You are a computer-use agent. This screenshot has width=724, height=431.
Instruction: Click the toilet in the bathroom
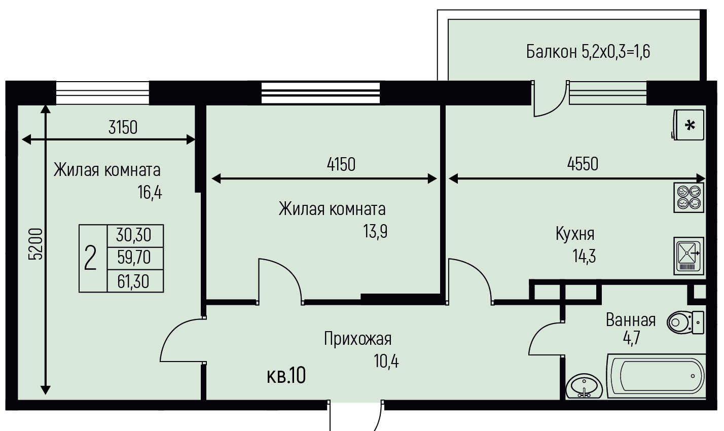685,322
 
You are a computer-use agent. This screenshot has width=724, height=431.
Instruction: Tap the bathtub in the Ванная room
656,376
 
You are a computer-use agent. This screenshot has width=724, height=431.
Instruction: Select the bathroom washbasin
584,386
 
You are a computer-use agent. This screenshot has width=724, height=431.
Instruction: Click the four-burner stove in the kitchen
689,198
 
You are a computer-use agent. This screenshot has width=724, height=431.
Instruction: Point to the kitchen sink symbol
689,256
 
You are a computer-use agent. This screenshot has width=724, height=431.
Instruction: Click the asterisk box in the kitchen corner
689,125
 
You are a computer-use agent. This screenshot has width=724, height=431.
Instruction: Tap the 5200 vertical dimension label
35,244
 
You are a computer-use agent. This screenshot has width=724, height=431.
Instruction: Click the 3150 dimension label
123,127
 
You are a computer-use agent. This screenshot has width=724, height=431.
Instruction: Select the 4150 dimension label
341,164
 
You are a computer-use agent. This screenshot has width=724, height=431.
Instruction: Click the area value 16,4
150,193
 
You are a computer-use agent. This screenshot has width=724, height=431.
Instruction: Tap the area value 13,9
375,232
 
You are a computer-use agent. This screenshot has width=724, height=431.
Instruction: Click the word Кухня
575,234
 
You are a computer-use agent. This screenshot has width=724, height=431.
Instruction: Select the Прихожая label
358,339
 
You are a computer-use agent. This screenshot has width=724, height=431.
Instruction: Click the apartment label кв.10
286,376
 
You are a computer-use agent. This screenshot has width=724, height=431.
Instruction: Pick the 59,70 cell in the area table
134,258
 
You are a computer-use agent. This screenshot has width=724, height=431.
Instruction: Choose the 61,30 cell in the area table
133,281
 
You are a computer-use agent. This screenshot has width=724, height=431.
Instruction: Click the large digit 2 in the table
90,258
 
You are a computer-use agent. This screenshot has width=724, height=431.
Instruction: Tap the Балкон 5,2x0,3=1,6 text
588,52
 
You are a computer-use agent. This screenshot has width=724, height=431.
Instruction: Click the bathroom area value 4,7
631,338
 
